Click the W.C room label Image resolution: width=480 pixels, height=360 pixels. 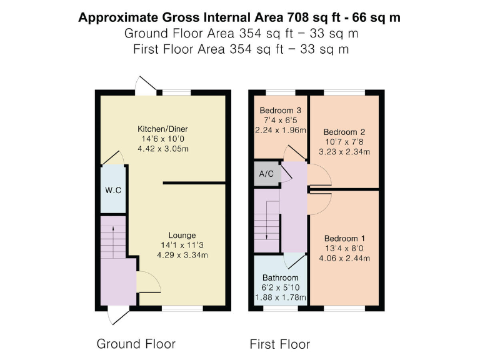tap(113, 190)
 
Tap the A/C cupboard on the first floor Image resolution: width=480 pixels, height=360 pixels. tap(266, 174)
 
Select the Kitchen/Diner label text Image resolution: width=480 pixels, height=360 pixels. tap(163, 129)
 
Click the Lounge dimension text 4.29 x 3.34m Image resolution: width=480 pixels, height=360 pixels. tap(182, 255)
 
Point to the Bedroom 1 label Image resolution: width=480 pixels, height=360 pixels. tap(344, 239)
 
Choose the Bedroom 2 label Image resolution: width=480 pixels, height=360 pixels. tap(344, 132)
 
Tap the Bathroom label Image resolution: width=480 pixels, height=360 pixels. tap(281, 277)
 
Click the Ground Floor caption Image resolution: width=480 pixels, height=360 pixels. tap(136, 344)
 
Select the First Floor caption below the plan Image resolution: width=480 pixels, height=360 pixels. tap(279, 344)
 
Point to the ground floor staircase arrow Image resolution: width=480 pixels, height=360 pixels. tap(113, 237)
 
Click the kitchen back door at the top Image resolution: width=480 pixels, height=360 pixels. tap(147, 86)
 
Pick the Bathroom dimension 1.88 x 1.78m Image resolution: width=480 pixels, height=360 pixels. tap(281, 297)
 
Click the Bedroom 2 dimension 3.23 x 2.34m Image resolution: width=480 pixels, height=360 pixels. tap(344, 152)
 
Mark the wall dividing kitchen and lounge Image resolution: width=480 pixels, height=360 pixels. tap(194, 183)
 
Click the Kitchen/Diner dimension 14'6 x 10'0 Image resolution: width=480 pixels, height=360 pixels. tap(163, 139)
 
